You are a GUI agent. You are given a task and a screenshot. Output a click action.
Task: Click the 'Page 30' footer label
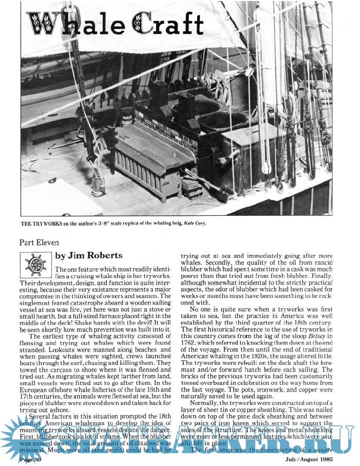[x=31, y=460]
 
